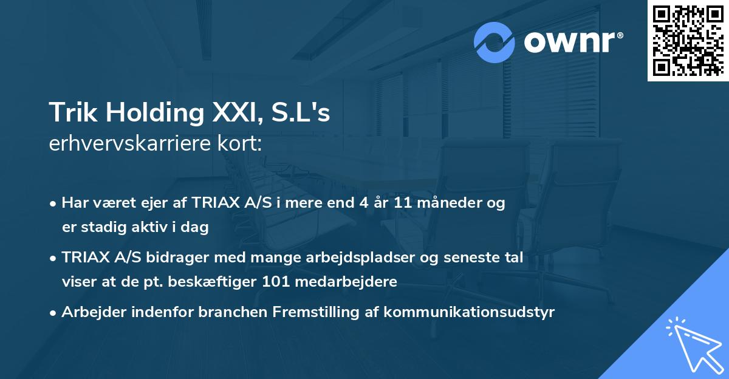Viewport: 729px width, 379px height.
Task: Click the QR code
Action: tap(688, 41)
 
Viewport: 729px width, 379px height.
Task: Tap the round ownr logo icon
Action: tap(495, 42)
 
